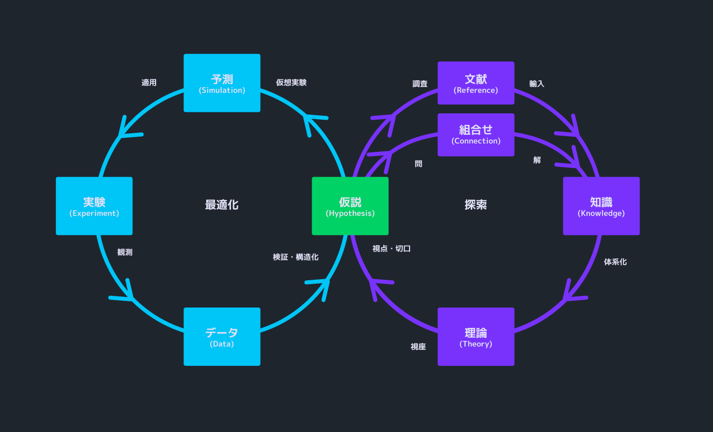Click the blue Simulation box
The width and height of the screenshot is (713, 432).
[222, 83]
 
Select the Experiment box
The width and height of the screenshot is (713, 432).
[94, 206]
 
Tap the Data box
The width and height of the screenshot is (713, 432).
[222, 337]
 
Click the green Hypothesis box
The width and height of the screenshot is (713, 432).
[350, 206]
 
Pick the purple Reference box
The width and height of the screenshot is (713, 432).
[476, 83]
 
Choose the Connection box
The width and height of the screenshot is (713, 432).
[476, 135]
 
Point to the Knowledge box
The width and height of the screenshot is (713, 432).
[601, 206]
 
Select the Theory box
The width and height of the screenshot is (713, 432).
[476, 337]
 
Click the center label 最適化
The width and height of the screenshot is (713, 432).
[222, 205]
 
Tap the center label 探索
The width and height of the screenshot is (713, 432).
[476, 205]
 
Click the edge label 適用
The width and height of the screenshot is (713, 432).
[149, 83]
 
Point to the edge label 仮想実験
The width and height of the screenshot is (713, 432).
[291, 83]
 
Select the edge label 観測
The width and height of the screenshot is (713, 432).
[125, 252]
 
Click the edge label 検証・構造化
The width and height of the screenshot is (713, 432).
[296, 257]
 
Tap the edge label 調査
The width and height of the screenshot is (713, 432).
[420, 84]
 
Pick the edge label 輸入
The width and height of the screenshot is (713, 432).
[536, 84]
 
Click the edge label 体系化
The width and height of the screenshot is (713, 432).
[615, 262]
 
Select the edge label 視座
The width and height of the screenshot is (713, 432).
[418, 346]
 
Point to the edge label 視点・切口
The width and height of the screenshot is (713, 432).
[392, 249]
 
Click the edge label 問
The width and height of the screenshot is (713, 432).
[418, 164]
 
